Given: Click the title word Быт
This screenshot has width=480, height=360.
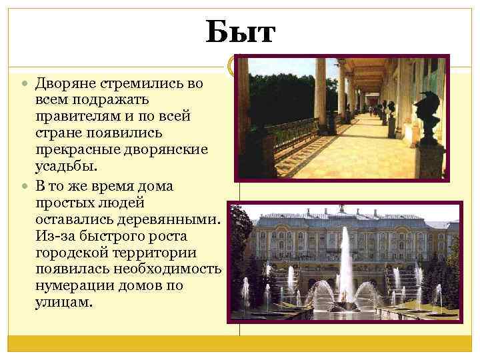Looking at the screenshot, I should [x=239, y=32].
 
